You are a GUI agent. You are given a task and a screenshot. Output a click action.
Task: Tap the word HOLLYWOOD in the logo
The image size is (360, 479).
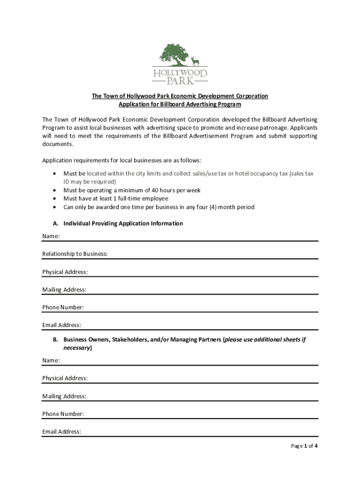click(x=180, y=73)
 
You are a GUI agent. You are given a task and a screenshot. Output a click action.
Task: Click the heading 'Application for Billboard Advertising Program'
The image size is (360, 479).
click(x=180, y=104)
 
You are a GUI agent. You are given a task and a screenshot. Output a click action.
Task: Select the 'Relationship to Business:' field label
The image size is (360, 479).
click(x=75, y=254)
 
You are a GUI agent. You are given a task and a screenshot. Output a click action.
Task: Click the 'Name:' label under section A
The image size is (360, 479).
click(x=51, y=236)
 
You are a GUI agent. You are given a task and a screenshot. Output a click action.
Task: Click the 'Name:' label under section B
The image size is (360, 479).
click(x=51, y=361)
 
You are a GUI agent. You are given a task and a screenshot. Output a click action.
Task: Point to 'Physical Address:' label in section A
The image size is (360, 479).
click(x=65, y=272)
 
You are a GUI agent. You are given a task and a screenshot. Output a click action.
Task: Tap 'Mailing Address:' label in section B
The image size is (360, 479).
click(x=64, y=396)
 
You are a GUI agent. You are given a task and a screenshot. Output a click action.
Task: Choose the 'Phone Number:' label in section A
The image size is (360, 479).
click(x=63, y=307)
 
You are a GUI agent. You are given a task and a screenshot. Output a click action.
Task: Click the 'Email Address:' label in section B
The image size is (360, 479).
click(x=62, y=432)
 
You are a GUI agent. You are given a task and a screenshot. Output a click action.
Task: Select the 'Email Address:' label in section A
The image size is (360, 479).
click(x=62, y=325)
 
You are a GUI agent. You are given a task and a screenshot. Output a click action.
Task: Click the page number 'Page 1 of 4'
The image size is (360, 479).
click(x=304, y=446)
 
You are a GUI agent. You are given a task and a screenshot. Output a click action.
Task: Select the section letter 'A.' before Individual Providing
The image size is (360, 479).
click(x=56, y=224)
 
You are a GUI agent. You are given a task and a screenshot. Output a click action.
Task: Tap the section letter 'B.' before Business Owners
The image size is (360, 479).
click(x=56, y=340)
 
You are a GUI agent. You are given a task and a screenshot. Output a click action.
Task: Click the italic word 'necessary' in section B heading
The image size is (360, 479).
click(x=77, y=348)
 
